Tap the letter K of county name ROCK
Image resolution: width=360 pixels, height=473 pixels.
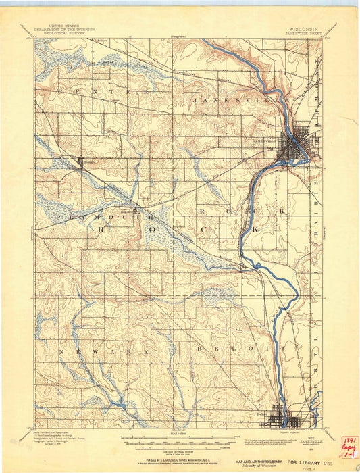coord(255,230)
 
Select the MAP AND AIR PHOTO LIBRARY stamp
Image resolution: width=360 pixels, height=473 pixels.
coord(259,461)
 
